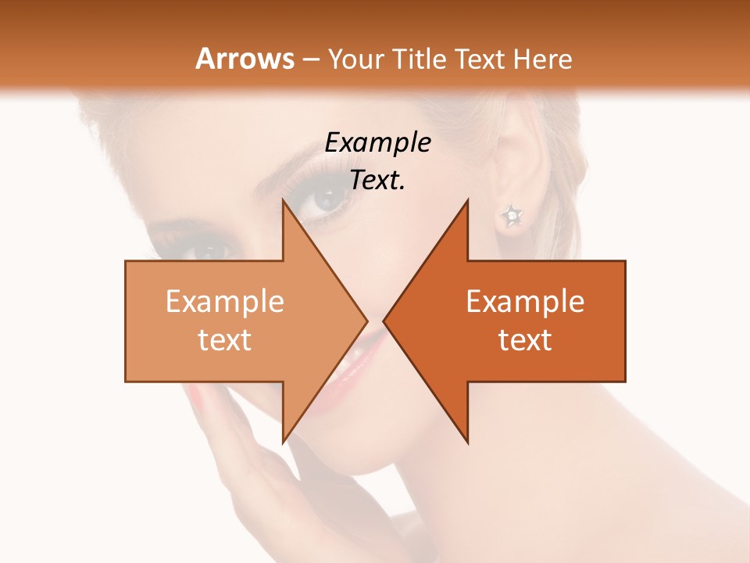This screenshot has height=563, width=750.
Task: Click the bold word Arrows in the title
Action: [x=245, y=59]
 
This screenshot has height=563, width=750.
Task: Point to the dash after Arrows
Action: [x=310, y=60]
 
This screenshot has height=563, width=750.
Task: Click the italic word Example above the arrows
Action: [x=378, y=143]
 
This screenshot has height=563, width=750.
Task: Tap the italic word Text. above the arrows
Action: [x=377, y=181]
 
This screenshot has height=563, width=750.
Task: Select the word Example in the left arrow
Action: [x=225, y=302]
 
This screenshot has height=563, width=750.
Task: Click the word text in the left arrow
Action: [x=225, y=340]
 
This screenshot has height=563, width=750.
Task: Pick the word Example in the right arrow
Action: [x=525, y=302]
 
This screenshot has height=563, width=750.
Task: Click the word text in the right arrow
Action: [x=525, y=340]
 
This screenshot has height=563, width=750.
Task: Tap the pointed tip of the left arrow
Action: [x=366, y=321]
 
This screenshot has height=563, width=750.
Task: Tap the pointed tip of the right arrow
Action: [x=384, y=321]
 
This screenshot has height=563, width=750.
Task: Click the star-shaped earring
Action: [x=511, y=214]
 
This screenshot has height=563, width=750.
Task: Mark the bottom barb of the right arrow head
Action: [x=467, y=440]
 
